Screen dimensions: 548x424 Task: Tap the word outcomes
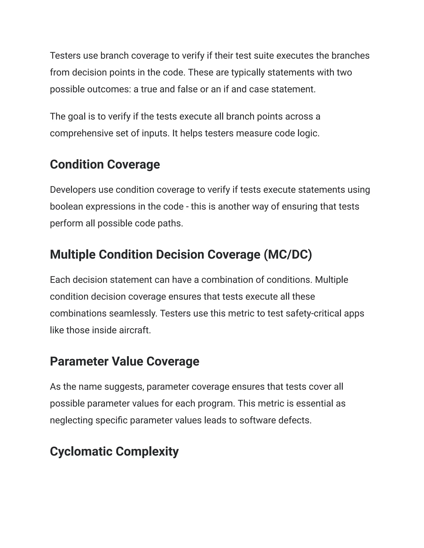tap(109, 89)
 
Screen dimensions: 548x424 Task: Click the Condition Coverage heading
tap(105, 165)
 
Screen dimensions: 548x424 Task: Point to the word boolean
tap(66, 207)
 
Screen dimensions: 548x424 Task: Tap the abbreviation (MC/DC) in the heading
tap(288, 255)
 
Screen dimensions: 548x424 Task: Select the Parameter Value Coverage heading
tap(125, 361)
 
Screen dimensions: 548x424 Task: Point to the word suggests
tap(124, 387)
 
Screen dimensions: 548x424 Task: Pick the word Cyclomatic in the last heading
tap(81, 452)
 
